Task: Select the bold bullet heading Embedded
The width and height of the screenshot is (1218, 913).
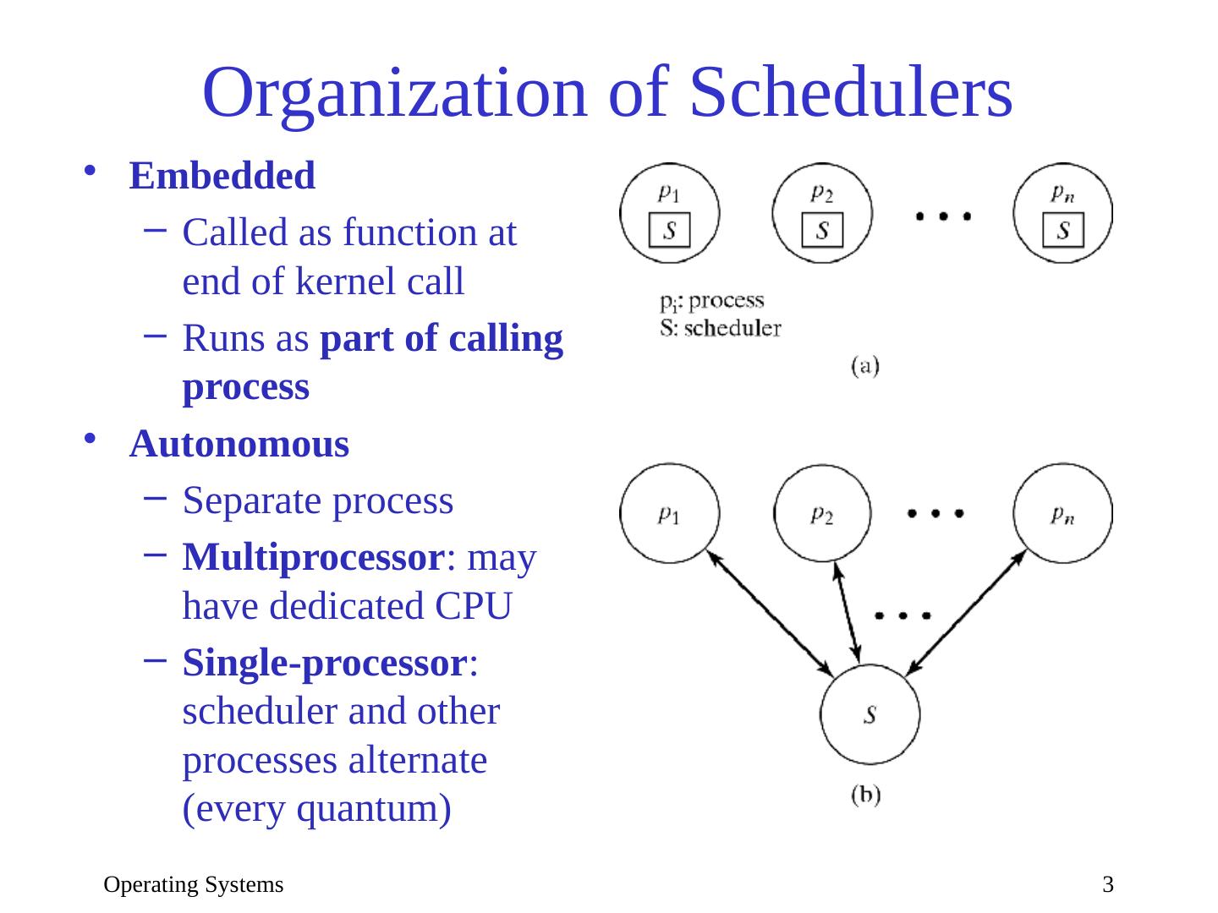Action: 222,176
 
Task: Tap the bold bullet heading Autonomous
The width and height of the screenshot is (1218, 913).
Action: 239,444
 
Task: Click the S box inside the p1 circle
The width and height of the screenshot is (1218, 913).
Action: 669,230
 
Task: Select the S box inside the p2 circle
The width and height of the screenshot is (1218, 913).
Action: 822,230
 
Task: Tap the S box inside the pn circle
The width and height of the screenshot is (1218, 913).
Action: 1063,230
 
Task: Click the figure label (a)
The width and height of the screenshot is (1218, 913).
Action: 864,365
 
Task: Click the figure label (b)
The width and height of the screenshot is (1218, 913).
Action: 864,795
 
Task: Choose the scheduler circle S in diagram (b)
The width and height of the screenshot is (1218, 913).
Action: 870,714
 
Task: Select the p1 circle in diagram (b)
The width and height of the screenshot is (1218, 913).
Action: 669,513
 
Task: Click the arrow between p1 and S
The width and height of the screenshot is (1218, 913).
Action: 770,613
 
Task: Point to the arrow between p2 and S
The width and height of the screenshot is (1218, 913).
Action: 847,613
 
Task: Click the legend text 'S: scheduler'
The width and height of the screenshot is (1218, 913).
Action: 720,328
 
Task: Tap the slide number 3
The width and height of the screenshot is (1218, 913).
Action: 1107,885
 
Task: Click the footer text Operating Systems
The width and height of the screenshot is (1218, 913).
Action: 194,885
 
